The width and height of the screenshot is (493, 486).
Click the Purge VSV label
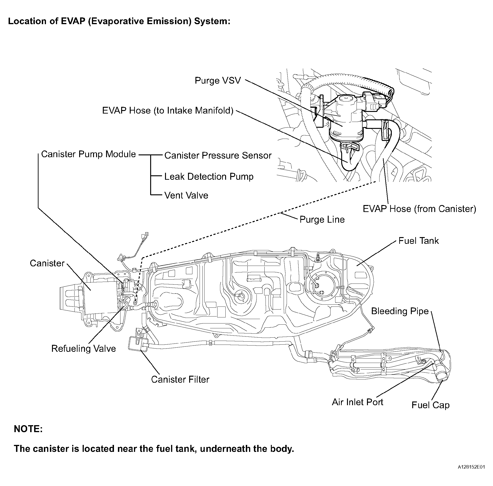[218, 81]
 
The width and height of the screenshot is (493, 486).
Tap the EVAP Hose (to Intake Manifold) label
[168, 111]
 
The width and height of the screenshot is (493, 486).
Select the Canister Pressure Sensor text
[218, 155]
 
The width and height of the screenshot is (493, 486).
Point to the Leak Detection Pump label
[209, 177]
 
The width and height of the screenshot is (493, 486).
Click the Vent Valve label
[186, 196]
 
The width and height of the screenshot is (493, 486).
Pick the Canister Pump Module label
[88, 154]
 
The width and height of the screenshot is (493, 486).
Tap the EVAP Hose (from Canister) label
[419, 209]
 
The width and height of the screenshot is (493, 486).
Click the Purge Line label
[322, 219]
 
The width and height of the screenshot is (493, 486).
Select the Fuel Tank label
[418, 241]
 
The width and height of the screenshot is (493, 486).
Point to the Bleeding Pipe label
[400, 311]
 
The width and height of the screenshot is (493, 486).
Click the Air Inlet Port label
[357, 402]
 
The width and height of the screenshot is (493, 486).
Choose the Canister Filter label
[180, 379]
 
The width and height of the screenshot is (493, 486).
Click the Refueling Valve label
[83, 349]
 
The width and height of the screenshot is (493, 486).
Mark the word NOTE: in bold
[28, 429]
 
